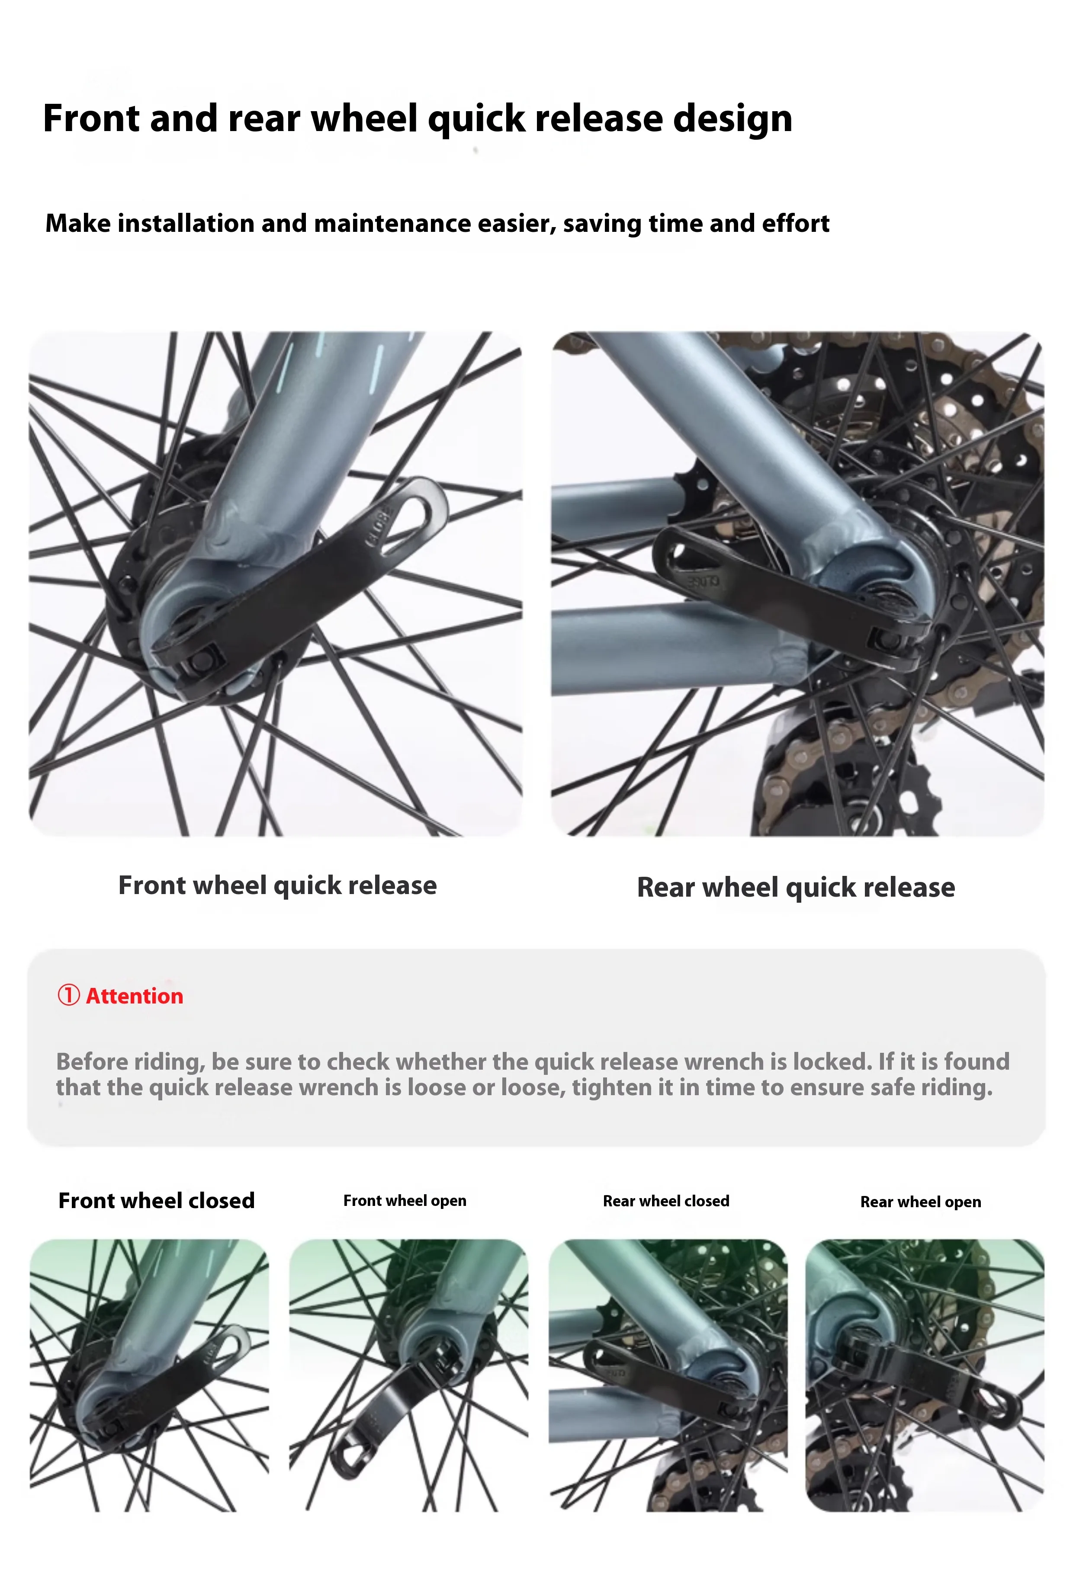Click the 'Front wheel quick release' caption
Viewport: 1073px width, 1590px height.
pyautogui.click(x=277, y=885)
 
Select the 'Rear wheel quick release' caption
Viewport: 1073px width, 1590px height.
pyautogui.click(x=796, y=888)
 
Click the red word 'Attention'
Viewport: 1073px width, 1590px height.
pyautogui.click(x=135, y=996)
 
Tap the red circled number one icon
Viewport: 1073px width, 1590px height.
pyautogui.click(x=68, y=995)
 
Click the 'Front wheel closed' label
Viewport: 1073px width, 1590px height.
pyautogui.click(x=157, y=1201)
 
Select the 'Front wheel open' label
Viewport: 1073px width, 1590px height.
pyautogui.click(x=405, y=1201)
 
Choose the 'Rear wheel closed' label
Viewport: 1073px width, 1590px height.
pyautogui.click(x=666, y=1202)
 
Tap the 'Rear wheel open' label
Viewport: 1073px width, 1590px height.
pyautogui.click(x=920, y=1202)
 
